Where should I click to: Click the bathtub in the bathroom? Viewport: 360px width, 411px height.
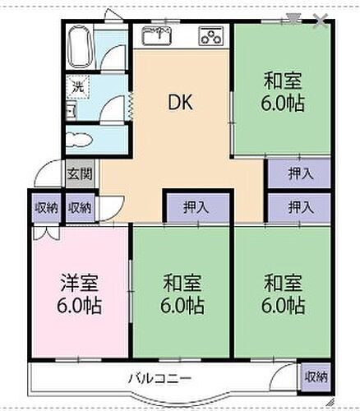pyautogui.click(x=79, y=47)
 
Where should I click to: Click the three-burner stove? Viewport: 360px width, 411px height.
pyautogui.click(x=210, y=36)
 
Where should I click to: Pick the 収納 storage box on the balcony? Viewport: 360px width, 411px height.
pyautogui.click(x=316, y=377)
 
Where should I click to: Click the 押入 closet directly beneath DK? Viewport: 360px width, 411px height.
pyautogui.click(x=195, y=207)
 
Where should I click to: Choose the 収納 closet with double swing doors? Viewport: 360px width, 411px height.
pyautogui.click(x=46, y=207)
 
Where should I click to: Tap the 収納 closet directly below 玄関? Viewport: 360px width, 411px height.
pyautogui.click(x=80, y=207)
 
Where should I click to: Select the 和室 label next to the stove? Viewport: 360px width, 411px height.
pyautogui.click(x=282, y=81)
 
